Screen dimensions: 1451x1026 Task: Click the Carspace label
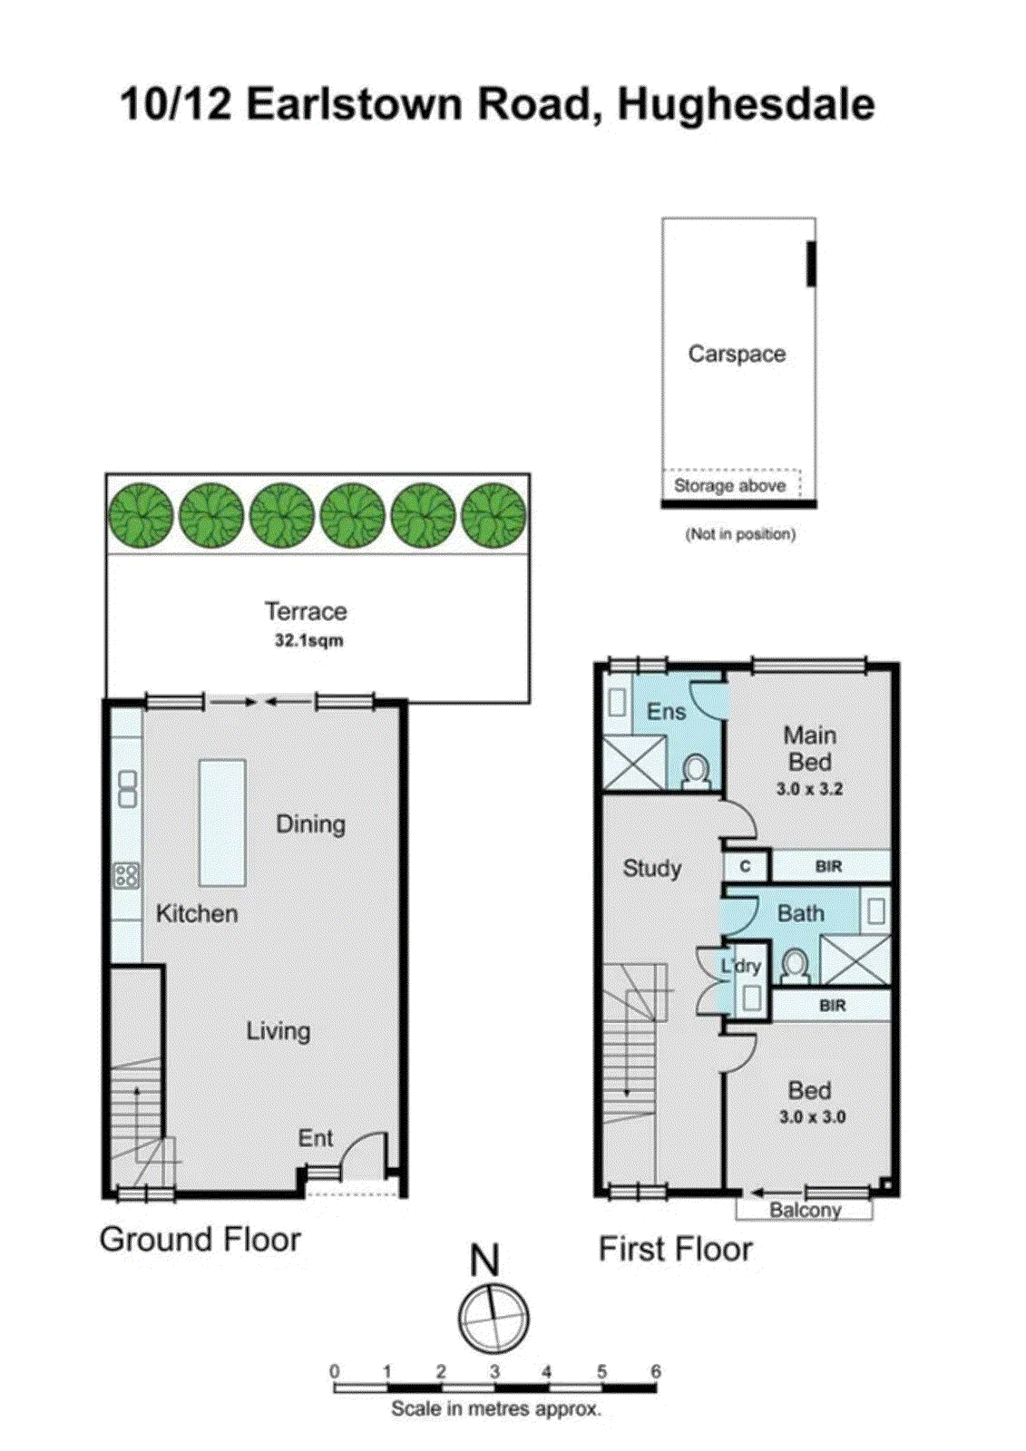tap(736, 354)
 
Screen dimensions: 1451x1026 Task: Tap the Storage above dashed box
tap(730, 484)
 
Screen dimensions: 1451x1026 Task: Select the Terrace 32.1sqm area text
tap(308, 640)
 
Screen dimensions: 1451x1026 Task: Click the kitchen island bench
tap(222, 822)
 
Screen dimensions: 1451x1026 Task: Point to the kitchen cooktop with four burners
tap(127, 875)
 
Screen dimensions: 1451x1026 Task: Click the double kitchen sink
tap(128, 788)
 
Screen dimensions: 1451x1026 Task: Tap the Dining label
tap(310, 824)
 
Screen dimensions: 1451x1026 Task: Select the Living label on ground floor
tap(278, 1031)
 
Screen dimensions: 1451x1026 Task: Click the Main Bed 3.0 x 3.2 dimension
tap(809, 789)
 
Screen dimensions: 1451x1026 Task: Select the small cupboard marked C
tap(746, 866)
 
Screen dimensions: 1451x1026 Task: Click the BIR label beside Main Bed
tap(828, 866)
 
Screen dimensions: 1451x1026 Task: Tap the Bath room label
tap(800, 914)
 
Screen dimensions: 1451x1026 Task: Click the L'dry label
tap(741, 967)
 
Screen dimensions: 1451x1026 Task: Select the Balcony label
tap(805, 1210)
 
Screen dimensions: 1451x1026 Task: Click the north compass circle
tap(493, 1317)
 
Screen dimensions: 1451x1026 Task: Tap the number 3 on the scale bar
tap(494, 1371)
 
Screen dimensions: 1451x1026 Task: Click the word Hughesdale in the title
tap(746, 104)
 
